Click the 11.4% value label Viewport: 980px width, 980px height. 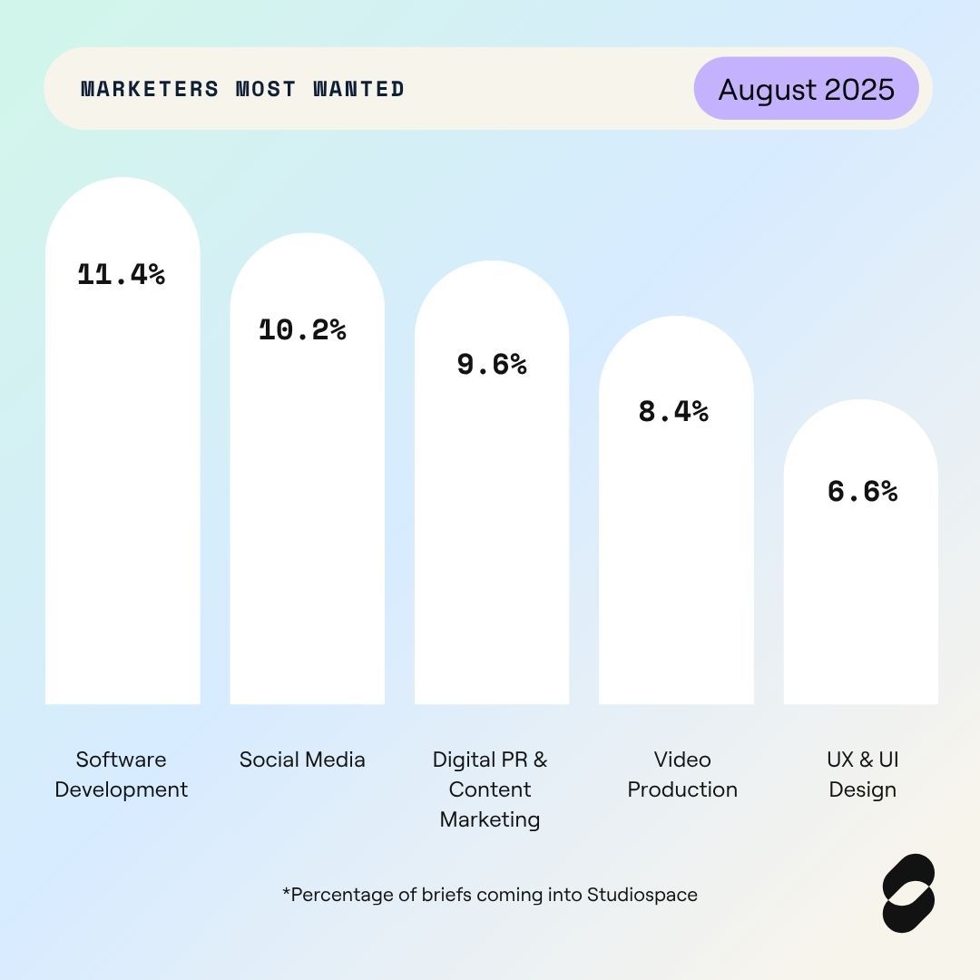(x=122, y=274)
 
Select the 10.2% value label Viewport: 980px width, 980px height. (x=302, y=329)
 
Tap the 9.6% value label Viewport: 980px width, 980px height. (x=491, y=364)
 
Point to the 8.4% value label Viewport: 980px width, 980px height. (x=673, y=411)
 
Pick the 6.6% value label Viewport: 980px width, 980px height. (x=862, y=491)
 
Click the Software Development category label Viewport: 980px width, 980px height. (x=122, y=774)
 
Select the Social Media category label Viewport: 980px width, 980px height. (x=302, y=759)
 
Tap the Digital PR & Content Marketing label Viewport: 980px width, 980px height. (x=490, y=789)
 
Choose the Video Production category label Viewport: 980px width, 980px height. (x=682, y=774)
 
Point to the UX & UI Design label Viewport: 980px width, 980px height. (x=862, y=774)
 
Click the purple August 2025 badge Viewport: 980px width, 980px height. (x=806, y=89)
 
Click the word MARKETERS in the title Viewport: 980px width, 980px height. (x=150, y=89)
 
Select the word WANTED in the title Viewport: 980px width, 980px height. (x=358, y=89)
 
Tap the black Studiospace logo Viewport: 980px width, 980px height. (x=908, y=893)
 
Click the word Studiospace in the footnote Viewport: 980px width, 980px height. (x=642, y=895)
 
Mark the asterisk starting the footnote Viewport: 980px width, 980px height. (x=286, y=893)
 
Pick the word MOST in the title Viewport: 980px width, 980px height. (x=265, y=89)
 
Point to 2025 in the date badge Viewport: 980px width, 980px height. (x=859, y=89)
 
